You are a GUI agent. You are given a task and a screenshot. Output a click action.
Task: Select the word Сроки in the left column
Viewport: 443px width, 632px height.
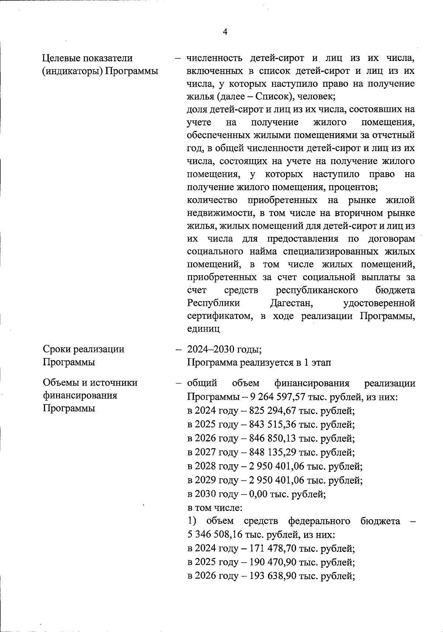pyautogui.click(x=57, y=349)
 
